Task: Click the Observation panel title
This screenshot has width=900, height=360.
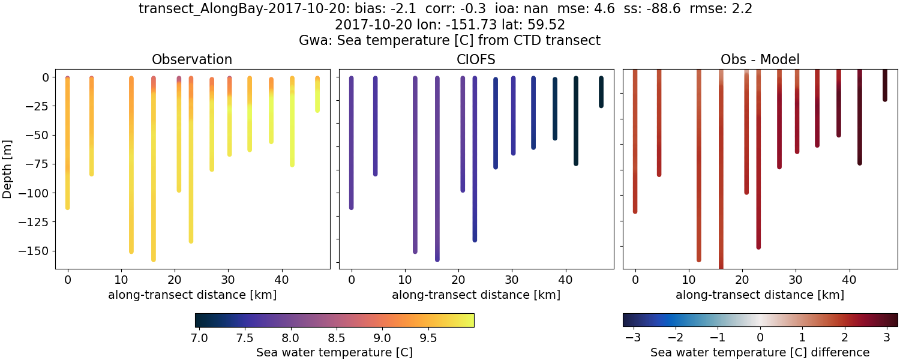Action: click(192, 59)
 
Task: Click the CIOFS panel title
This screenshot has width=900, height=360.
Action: click(476, 59)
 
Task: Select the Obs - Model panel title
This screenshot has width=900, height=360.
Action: click(760, 59)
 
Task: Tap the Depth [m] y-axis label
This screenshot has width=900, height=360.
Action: click(8, 169)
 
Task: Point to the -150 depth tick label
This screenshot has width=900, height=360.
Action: click(35, 251)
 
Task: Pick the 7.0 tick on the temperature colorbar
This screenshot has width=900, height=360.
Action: click(199, 338)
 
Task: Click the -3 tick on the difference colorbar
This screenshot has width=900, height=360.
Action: click(634, 338)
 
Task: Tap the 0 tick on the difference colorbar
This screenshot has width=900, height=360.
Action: click(760, 338)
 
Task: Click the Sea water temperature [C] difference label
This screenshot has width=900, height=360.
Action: click(760, 352)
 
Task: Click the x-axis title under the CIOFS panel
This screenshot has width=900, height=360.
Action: click(476, 295)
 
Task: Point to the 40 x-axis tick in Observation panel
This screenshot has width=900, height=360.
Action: click(281, 279)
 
